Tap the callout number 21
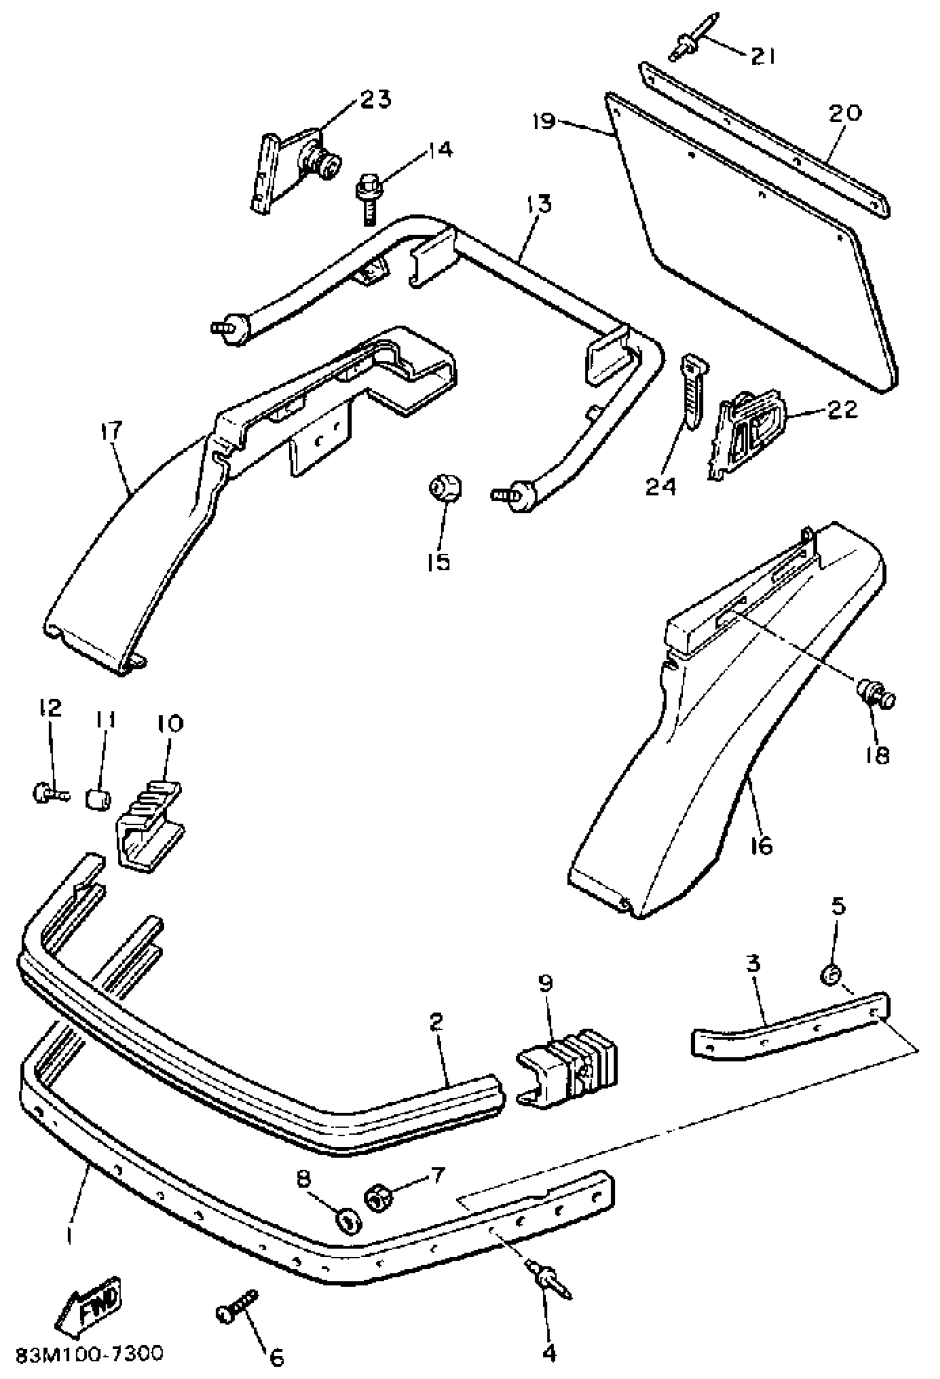[x=763, y=56]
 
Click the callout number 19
[x=544, y=122]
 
